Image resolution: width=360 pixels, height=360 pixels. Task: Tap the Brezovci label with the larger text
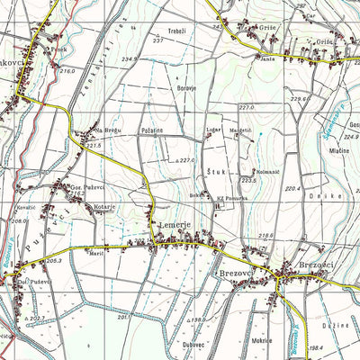[306, 265]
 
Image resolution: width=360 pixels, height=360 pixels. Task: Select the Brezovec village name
[230, 270]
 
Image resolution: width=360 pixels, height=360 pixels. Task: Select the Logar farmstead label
[213, 130]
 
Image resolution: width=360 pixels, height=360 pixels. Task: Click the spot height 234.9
[130, 59]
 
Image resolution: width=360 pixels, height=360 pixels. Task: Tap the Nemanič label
[241, 171]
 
